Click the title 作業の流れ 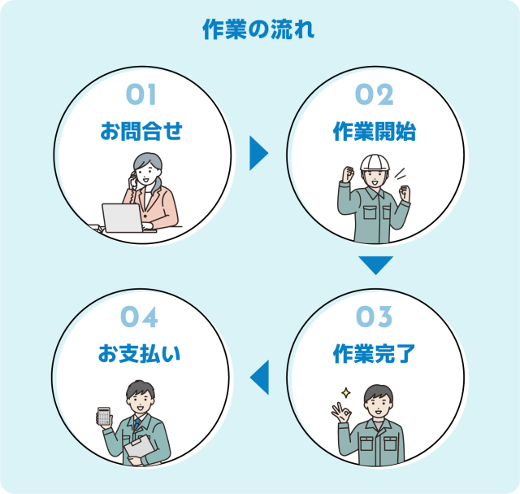(258, 31)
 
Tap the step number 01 (141, 95)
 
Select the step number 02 (375, 95)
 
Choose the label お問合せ (141, 131)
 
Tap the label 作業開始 (375, 131)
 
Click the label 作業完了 (375, 353)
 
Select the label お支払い (141, 353)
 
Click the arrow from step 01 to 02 (258, 152)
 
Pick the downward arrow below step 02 (375, 265)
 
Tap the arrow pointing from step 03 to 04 (259, 377)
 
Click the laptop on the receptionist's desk (121, 217)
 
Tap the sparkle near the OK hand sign (344, 393)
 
